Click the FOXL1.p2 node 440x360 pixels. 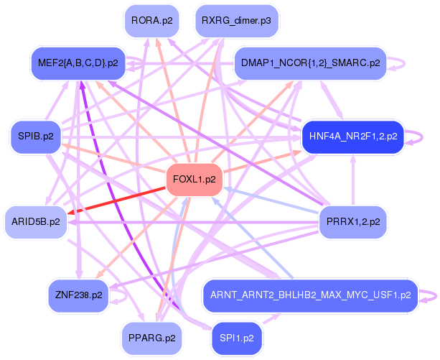pos(194,180)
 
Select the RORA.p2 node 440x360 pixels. pos(151,21)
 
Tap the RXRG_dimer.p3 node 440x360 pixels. pos(236,21)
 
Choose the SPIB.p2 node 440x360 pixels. pos(35,135)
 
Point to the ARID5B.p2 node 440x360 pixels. pos(35,221)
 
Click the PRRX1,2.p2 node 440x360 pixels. pos(353,221)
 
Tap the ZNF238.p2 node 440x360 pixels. pos(78,295)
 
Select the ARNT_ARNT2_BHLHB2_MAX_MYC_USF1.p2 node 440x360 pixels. pos(310,295)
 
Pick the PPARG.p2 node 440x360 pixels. pos(151,336)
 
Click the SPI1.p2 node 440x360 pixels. pos(237,336)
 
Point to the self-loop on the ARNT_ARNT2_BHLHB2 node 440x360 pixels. pos(430,295)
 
